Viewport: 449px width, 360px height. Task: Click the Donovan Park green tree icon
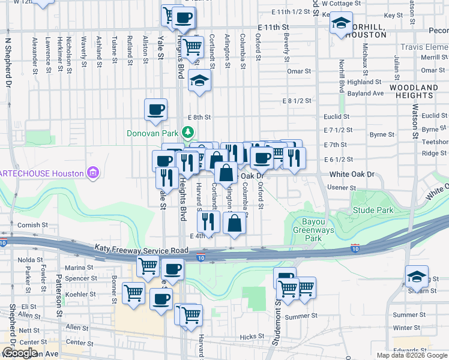coord(188,132)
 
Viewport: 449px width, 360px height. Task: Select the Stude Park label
coord(373,211)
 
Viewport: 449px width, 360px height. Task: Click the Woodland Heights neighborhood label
coord(414,91)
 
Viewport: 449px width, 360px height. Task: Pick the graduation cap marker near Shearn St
coord(416,275)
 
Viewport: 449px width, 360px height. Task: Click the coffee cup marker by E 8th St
coord(155,109)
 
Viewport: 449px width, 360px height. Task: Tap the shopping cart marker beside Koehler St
coord(133,293)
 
